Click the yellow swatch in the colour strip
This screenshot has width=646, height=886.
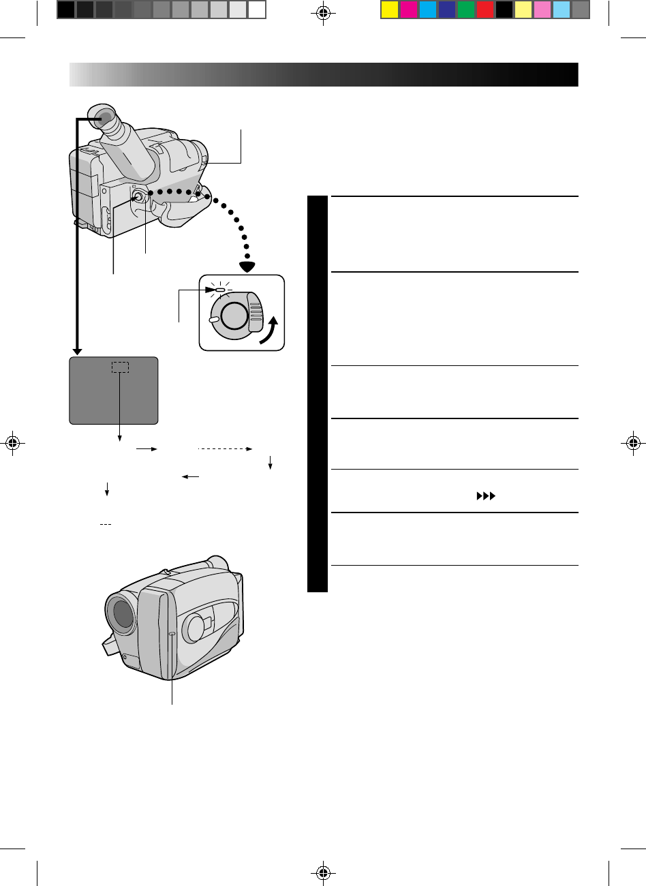click(389, 10)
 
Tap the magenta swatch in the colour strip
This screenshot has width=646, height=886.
click(408, 10)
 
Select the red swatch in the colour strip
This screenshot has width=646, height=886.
click(484, 10)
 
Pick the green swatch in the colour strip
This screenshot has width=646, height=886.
click(465, 10)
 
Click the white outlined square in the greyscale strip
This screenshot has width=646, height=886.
click(256, 10)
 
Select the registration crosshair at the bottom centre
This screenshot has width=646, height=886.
click(324, 872)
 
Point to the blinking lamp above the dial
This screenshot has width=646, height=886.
click(219, 290)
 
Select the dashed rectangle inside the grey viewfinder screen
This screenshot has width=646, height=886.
click(121, 367)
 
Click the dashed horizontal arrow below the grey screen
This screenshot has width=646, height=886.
click(225, 450)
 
